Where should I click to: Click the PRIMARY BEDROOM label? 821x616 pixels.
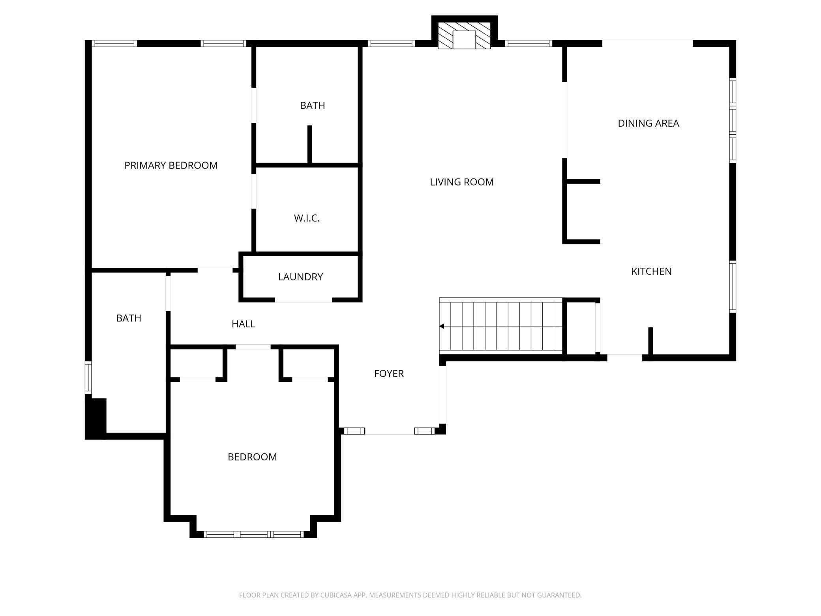(171, 165)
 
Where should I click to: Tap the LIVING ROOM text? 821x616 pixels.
(461, 182)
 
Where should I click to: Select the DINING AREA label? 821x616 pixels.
(648, 123)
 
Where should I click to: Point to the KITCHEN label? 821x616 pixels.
(651, 271)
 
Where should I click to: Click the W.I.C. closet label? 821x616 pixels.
(307, 218)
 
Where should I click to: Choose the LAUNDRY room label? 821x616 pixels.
(300, 277)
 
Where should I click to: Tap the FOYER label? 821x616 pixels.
(389, 374)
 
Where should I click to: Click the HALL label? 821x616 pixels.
(243, 324)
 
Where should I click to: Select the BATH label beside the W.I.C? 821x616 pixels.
(312, 105)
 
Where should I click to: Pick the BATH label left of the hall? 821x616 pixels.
(129, 318)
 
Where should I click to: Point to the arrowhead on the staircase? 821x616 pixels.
(442, 326)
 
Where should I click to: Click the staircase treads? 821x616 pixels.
(501, 326)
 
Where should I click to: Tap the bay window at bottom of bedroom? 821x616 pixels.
(253, 534)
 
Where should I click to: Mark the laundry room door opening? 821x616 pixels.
(303, 300)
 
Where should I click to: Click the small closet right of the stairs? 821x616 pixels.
(581, 328)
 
